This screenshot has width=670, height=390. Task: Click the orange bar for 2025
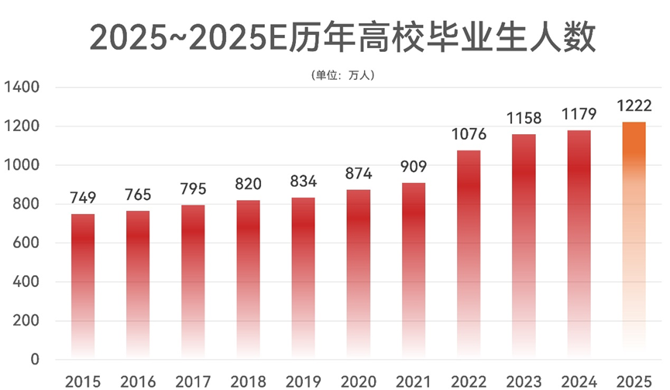[x=634, y=240]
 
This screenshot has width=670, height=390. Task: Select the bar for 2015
[x=83, y=286]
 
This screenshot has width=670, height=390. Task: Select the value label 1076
[x=468, y=135]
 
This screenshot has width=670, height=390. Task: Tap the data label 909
[x=413, y=167]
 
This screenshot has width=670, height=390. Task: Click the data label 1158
[x=524, y=119]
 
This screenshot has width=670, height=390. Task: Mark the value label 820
[x=248, y=185]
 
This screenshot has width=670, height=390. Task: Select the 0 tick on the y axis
[x=35, y=360]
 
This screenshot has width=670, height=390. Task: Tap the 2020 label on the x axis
[x=358, y=381]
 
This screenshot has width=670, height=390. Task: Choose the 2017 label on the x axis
[x=193, y=381]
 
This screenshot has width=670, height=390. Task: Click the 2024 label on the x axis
[x=578, y=381]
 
